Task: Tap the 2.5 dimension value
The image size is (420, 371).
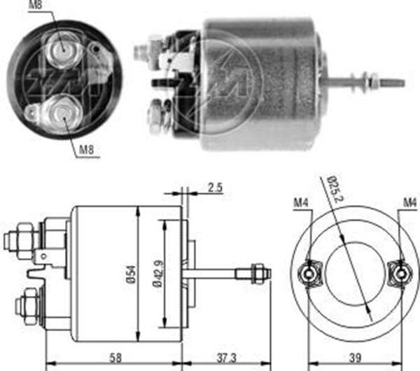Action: pos(215,188)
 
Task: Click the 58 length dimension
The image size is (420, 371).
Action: pos(113,358)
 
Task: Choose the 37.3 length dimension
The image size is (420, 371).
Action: pos(226,358)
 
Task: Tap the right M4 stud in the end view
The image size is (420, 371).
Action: pos(399,270)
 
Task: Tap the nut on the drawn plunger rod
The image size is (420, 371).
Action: pos(257,270)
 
